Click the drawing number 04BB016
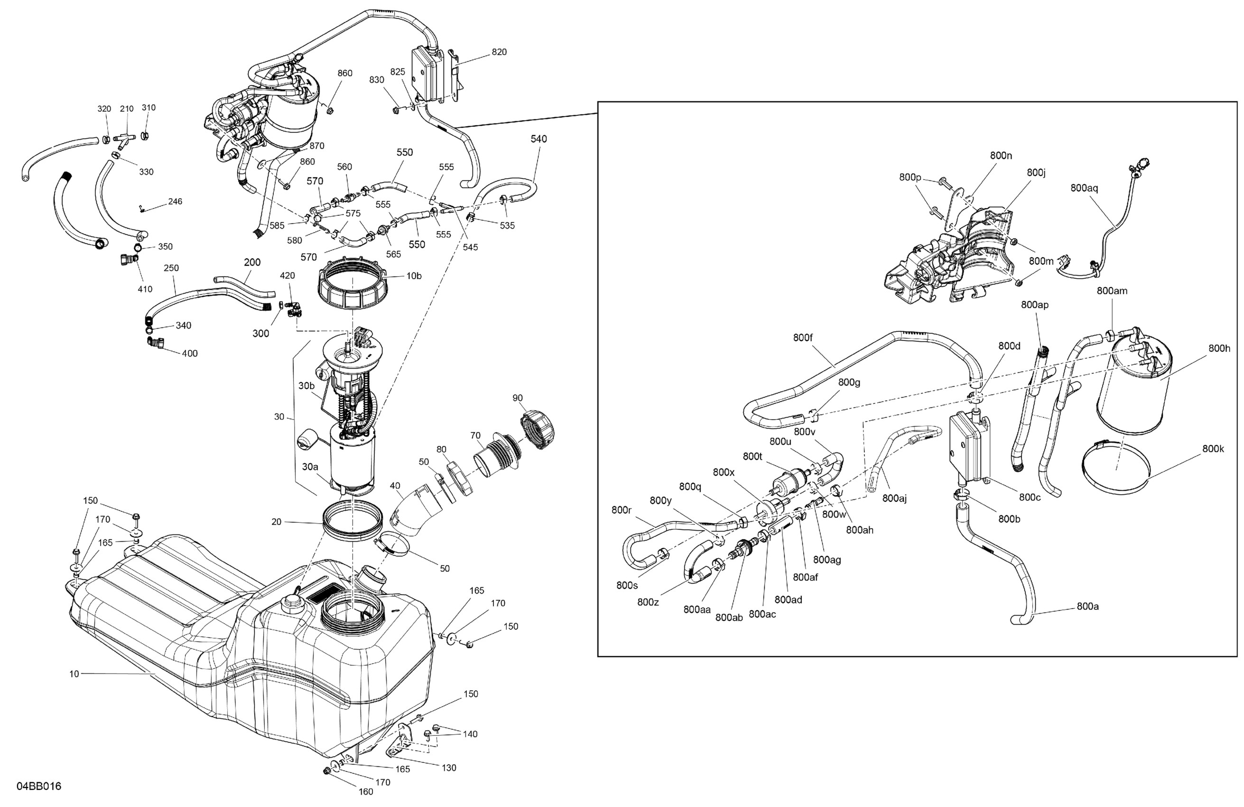tap(39, 786)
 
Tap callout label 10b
tap(414, 276)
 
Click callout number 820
tap(499, 52)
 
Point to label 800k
tap(1213, 449)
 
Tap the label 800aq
tap(1084, 188)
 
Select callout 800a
tap(1088, 606)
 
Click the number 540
tap(538, 139)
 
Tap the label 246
tap(175, 201)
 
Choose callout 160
tap(366, 791)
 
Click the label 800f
tap(803, 338)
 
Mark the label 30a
tap(309, 467)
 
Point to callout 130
tap(448, 768)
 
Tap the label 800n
tap(1001, 155)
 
